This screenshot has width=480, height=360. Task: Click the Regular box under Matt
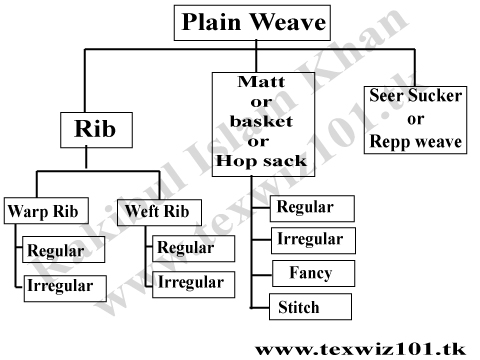tap(311, 208)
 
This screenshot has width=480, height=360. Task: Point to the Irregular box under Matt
tap(311, 240)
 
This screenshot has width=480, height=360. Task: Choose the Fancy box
tap(311, 273)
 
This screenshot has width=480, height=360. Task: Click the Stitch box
tap(311, 306)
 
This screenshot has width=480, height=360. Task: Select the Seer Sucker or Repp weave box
tap(415, 118)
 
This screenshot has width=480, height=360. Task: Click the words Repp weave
tap(415, 142)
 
